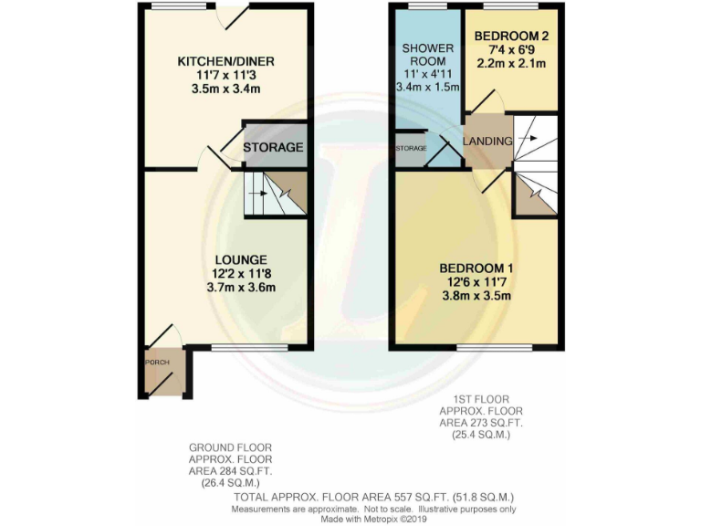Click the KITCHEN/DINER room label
point(225,61)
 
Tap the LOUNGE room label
point(242,258)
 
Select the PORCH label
point(157,362)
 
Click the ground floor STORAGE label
point(273,147)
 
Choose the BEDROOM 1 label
point(476,268)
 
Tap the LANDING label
point(487,141)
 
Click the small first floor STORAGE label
point(411,148)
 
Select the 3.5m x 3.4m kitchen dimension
point(225,89)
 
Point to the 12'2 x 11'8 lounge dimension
point(242,272)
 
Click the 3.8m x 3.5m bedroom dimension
point(476,295)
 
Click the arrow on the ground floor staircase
point(261,194)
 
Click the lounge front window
point(249,347)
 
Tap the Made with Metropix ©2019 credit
point(374,519)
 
